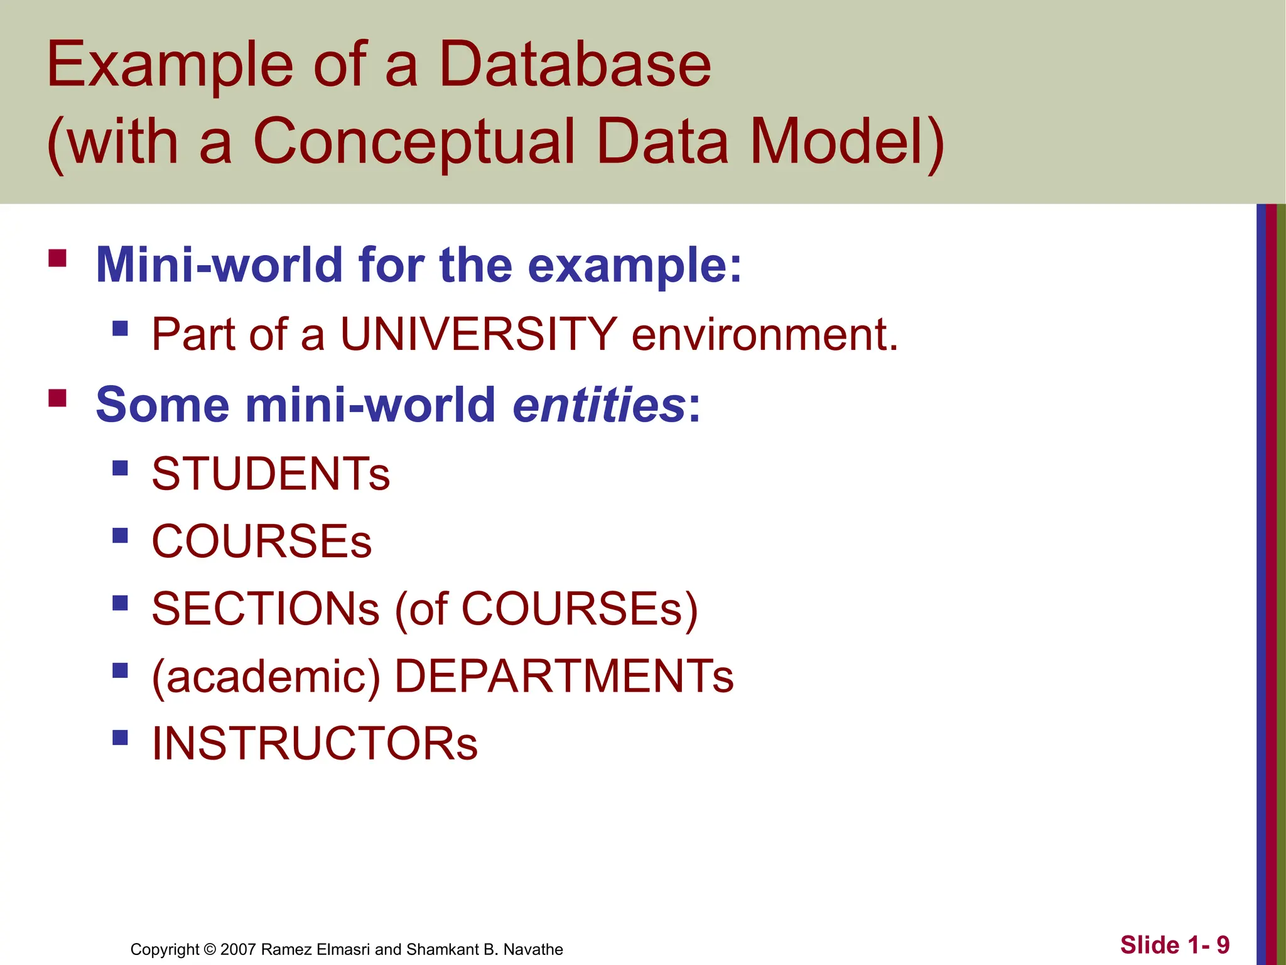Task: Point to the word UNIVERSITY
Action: [x=478, y=334]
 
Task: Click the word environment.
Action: [x=764, y=334]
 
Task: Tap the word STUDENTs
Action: [x=271, y=474]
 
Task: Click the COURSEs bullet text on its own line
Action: [x=262, y=542]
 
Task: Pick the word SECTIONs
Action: [x=266, y=609]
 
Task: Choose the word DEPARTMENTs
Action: [x=563, y=677]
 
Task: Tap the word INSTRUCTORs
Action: [x=315, y=744]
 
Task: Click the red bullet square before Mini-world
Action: [x=57, y=259]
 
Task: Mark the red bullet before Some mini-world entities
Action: [x=57, y=398]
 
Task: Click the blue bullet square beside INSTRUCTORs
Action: [x=120, y=737]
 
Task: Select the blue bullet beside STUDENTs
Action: [x=120, y=468]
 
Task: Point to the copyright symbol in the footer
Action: [x=210, y=949]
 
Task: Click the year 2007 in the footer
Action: [x=238, y=949]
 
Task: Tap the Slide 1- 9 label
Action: [x=1175, y=945]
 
